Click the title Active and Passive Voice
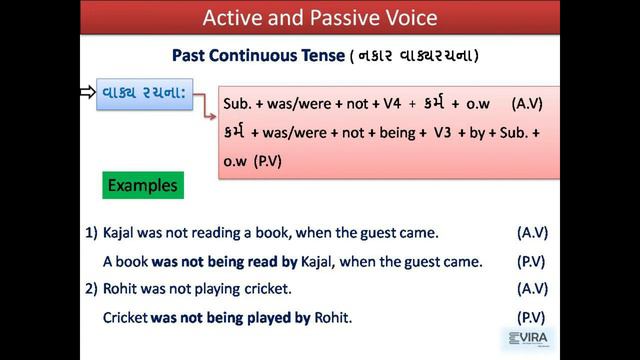tap(320, 17)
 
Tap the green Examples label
tap(142, 186)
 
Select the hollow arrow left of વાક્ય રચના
tap(87, 93)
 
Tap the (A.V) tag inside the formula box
tap(528, 104)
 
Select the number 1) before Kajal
tap(91, 233)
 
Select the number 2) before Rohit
tap(91, 289)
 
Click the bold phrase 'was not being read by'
tap(219, 261)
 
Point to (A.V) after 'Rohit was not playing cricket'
tap(532, 289)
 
